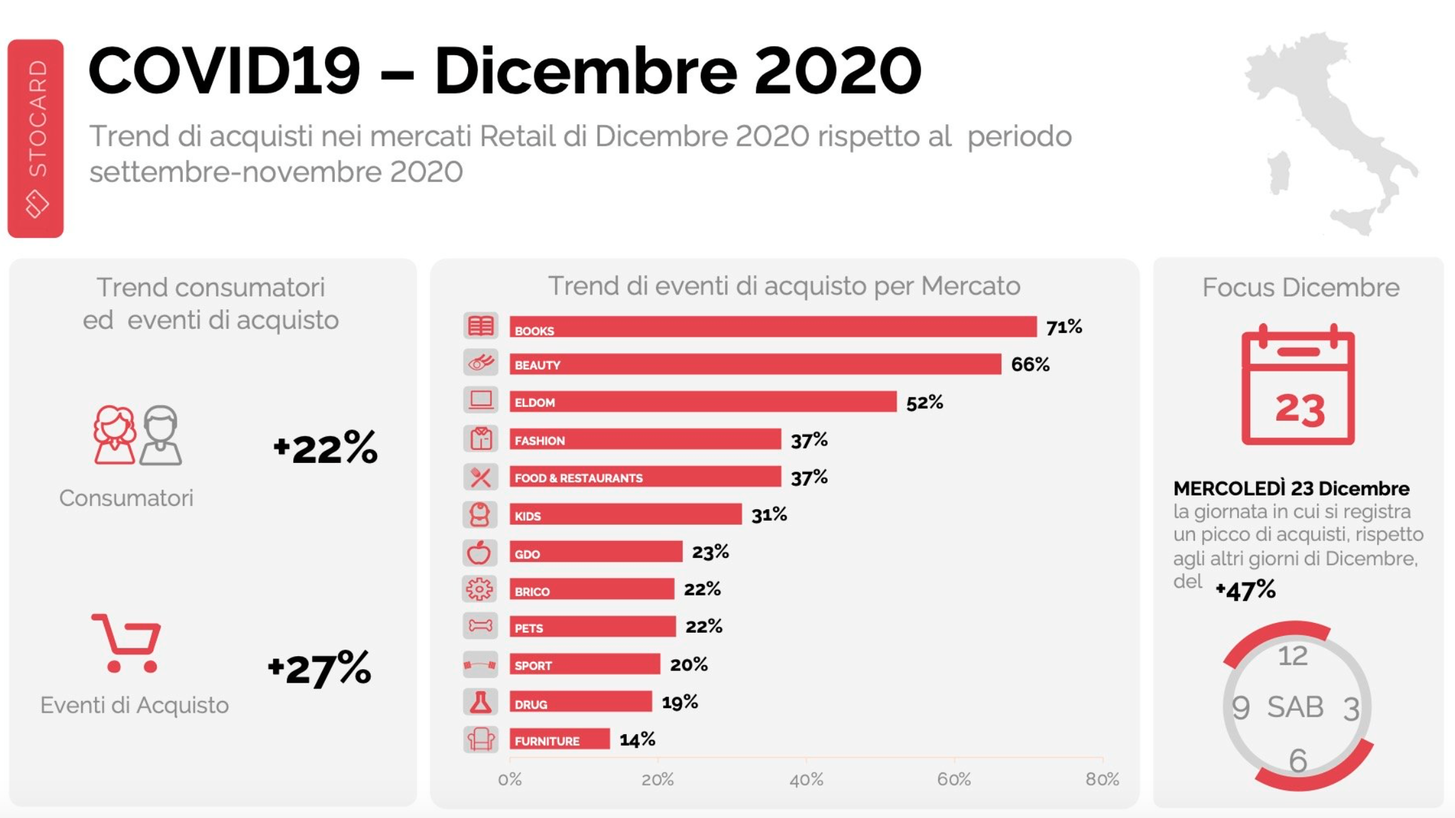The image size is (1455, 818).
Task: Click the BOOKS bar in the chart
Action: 772,327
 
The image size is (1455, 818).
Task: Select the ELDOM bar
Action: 702,402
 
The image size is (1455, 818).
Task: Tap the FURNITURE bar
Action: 559,739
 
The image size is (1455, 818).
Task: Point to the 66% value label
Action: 1030,364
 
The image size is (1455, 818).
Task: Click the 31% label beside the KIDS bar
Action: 768,515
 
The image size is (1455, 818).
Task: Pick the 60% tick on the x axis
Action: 954,779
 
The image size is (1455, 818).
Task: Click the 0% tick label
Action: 510,779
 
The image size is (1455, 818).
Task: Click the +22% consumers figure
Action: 325,447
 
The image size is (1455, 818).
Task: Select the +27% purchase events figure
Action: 319,668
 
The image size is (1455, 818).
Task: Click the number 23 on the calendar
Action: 1300,410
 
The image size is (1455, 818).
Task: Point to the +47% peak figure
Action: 1245,590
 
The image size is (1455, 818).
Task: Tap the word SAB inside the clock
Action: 1295,707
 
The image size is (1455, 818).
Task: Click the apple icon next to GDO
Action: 480,553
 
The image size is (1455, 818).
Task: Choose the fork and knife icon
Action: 480,477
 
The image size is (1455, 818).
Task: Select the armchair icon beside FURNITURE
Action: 480,739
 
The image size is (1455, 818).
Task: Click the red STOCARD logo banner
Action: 36,139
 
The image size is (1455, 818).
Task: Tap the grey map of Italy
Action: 1326,130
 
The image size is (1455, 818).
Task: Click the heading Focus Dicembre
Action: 1300,287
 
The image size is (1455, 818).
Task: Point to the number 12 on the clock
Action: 1292,656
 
